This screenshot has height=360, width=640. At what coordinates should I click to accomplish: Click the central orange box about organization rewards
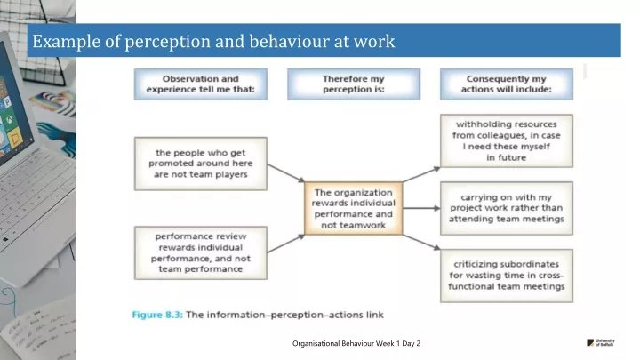click(x=354, y=210)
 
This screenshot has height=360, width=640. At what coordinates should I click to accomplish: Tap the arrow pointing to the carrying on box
click(x=420, y=208)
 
